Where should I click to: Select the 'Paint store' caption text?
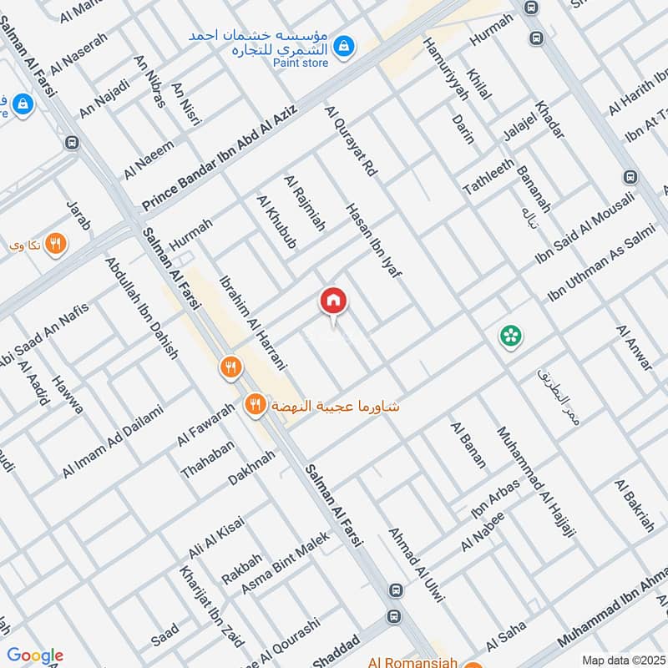(301, 63)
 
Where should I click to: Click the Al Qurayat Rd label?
(352, 141)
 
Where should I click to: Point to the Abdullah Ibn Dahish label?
(142, 307)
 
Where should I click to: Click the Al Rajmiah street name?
(305, 203)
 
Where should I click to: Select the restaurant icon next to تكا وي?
(56, 244)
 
